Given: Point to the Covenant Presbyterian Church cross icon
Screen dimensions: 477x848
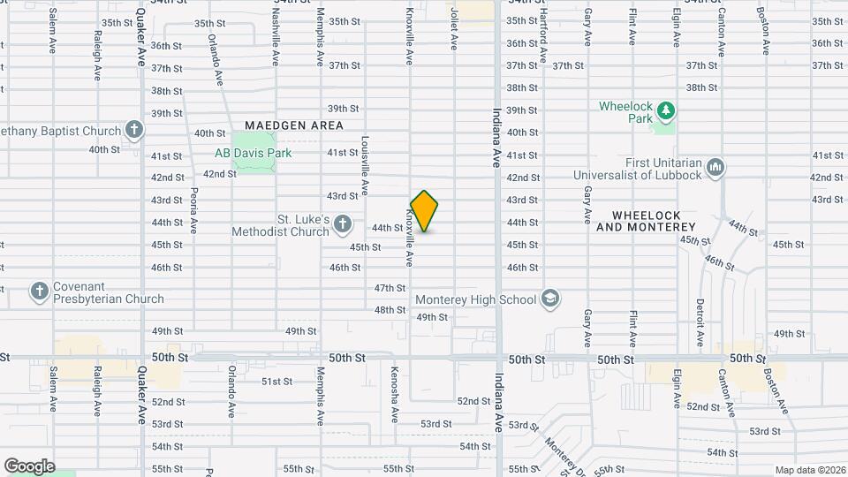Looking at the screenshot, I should click(38, 291).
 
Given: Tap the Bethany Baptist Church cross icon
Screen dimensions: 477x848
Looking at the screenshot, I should click(134, 131).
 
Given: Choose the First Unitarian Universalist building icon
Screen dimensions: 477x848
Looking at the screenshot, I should click(715, 167).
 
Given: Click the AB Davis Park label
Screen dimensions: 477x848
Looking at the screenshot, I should click(253, 152).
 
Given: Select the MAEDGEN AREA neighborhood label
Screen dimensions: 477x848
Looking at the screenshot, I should click(293, 125).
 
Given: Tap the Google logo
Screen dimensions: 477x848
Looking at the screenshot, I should click(29, 466).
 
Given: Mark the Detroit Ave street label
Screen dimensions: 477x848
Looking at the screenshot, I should click(700, 322).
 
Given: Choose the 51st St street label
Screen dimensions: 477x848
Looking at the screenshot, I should click(276, 382).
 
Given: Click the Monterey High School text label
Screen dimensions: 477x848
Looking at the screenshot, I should click(475, 299).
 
